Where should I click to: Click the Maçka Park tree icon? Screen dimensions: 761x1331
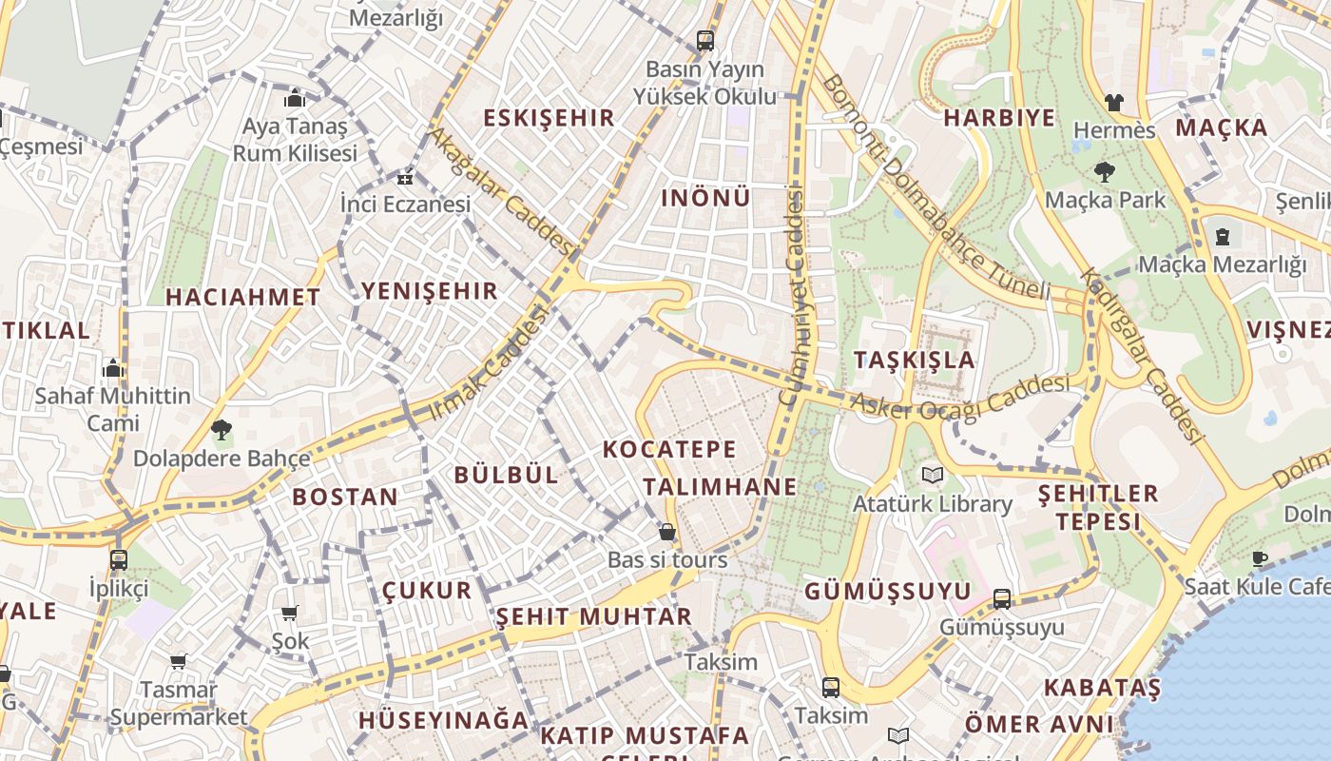1105,172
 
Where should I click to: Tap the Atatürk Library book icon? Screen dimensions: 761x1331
932,475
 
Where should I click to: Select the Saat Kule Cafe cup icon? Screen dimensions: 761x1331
1261,558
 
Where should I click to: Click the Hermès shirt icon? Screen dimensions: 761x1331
1113,102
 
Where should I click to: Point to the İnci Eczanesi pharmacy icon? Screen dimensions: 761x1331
405,177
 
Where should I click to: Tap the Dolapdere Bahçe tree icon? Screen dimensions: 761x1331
222,430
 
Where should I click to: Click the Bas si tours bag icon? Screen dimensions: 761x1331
667,532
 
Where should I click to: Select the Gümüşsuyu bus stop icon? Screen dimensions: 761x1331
1002,599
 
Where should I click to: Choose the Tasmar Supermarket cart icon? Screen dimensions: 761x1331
178,661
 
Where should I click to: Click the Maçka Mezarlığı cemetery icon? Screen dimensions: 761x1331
1223,236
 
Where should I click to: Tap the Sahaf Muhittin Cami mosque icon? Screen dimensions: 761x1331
113,367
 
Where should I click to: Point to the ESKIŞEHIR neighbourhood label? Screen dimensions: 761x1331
550,118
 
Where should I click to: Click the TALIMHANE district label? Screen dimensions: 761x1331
720,487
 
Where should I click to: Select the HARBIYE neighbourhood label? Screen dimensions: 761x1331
999,118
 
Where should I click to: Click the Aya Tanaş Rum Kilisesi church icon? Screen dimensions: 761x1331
295,99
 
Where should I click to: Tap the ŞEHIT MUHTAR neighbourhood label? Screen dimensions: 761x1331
594,616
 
